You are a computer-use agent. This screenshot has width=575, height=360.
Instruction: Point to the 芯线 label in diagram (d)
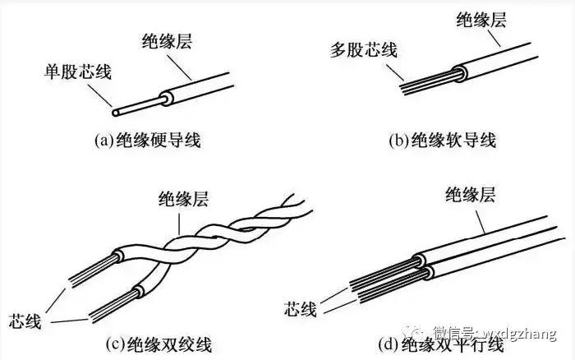(301, 311)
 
